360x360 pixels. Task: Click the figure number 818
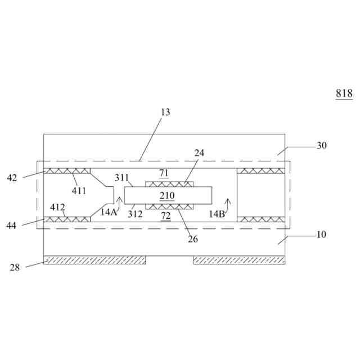point(344,94)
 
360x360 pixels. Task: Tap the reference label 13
point(165,112)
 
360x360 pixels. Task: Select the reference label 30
point(321,145)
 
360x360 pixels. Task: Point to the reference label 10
point(321,234)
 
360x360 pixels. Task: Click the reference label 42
point(12,178)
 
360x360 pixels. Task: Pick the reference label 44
point(12,226)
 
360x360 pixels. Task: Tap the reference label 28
point(15,267)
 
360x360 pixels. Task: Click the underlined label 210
point(167,196)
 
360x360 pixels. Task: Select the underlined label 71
point(164,173)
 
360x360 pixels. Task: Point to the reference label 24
point(200,153)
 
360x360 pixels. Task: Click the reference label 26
point(193,238)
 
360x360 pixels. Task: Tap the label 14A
point(109,212)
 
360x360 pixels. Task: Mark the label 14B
point(217,214)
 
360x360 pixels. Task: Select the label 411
point(79,191)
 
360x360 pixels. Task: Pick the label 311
point(122,178)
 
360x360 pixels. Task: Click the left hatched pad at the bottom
point(94,260)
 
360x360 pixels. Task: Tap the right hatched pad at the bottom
point(239,260)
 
